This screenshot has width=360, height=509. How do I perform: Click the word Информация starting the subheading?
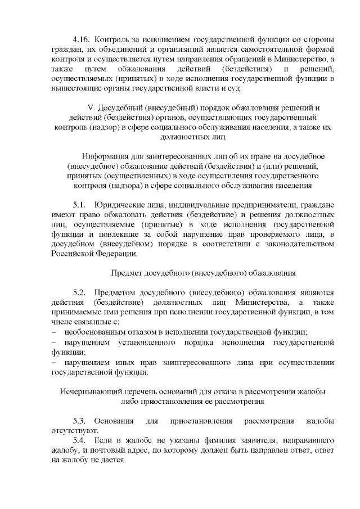tap(105, 156)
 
